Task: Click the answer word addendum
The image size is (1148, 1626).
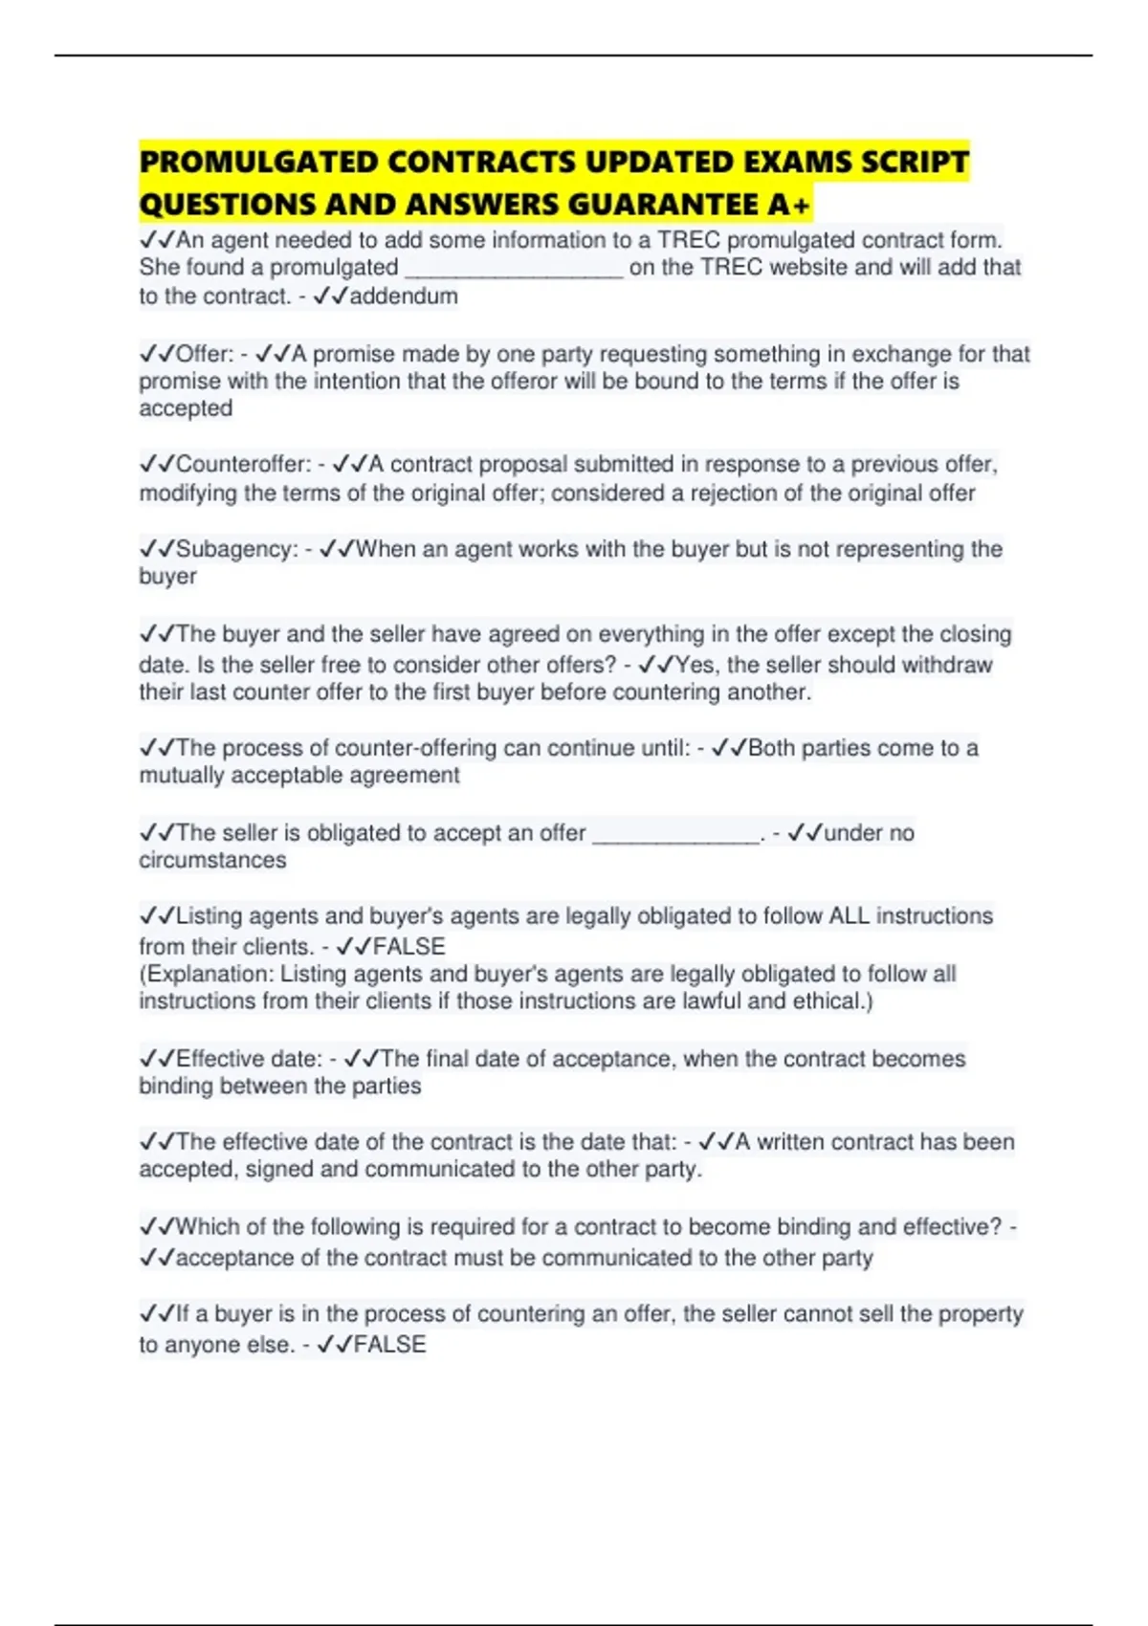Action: tap(404, 297)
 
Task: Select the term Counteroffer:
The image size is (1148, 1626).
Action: tap(243, 465)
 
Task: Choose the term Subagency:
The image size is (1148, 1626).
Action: tap(236, 550)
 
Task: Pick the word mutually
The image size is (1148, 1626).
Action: tap(182, 776)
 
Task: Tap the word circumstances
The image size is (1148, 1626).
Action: tap(212, 861)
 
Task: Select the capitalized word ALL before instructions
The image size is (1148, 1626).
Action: tap(849, 916)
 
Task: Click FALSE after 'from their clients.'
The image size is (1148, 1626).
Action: tap(408, 947)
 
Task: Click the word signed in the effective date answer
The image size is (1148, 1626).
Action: tap(279, 1170)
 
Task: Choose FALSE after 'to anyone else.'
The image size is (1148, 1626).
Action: tap(389, 1345)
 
